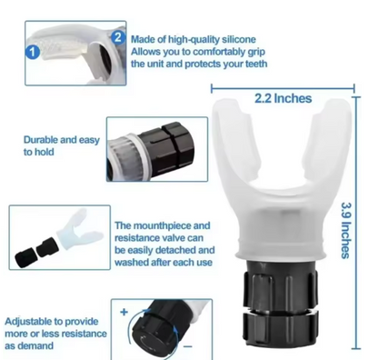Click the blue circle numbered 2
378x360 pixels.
click(117, 37)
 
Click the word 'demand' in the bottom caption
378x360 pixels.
click(54, 346)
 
